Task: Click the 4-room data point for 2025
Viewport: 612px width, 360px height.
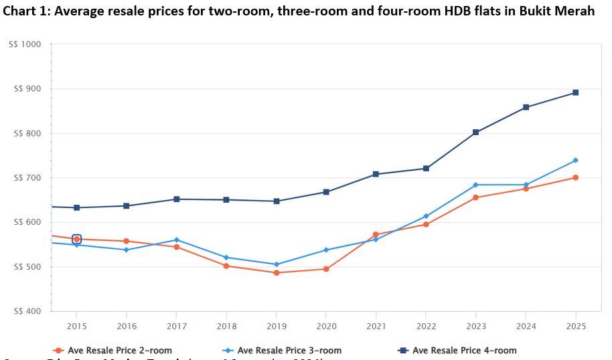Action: point(575,93)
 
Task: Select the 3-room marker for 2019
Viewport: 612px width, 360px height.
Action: point(276,264)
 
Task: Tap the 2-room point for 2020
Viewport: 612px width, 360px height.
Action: point(326,269)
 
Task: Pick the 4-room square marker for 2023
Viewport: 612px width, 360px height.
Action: point(475,132)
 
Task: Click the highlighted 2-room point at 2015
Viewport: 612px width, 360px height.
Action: point(76,239)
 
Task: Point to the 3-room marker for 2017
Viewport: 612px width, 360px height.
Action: point(176,240)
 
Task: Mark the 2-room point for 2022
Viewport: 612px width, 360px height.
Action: point(426,224)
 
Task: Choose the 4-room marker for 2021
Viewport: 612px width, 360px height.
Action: point(376,174)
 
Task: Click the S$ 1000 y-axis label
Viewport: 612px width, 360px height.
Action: point(25,44)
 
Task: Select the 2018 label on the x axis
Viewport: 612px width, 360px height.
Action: point(226,326)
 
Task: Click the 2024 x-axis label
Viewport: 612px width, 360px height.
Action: point(526,326)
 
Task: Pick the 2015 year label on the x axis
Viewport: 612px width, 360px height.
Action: point(76,326)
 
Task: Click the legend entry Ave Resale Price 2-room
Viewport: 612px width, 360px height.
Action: point(114,350)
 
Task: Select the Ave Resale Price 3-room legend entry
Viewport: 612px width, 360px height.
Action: point(283,350)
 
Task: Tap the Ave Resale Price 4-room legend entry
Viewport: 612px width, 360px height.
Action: point(458,350)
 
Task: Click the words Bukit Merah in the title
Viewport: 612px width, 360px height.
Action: point(555,12)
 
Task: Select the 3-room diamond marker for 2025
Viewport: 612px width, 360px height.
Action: point(575,161)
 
